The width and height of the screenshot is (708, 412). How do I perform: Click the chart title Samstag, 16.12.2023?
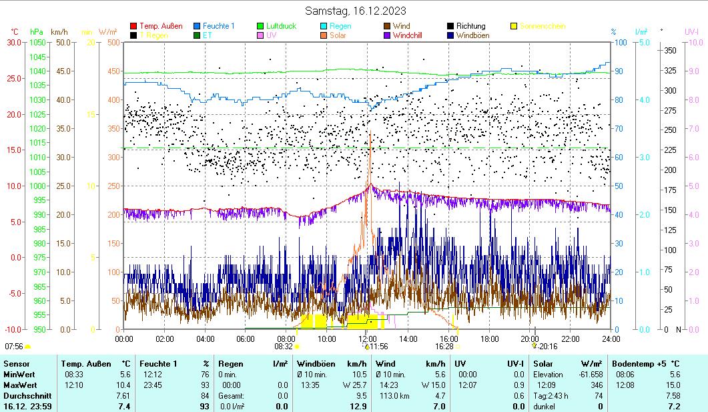(x=356, y=11)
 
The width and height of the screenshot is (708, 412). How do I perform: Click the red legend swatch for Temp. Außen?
(x=133, y=26)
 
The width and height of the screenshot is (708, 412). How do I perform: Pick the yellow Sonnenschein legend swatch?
(x=514, y=26)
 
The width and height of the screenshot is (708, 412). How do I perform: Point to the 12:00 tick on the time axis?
(x=368, y=339)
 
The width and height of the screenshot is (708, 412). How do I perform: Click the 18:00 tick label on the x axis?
(x=489, y=339)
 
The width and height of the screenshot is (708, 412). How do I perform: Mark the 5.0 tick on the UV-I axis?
(x=693, y=42)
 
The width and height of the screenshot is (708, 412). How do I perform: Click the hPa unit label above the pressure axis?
(x=37, y=31)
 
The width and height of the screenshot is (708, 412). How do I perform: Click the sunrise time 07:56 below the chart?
(x=14, y=347)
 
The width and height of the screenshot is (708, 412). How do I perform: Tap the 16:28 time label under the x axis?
(x=444, y=347)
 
